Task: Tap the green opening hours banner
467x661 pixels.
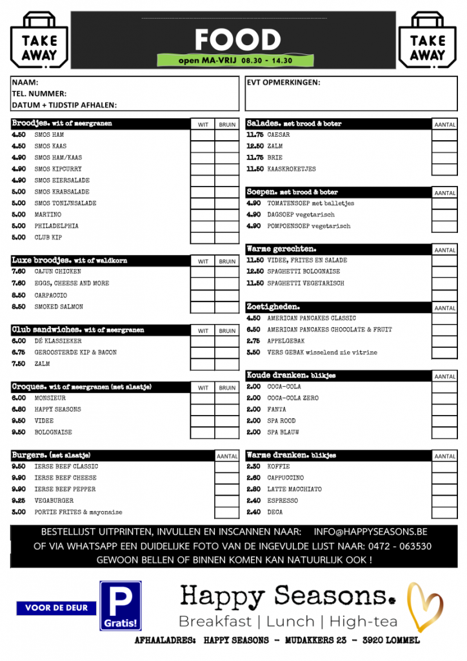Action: [235, 61]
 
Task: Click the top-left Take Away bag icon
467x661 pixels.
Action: [39, 40]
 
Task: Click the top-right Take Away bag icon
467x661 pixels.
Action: [428, 40]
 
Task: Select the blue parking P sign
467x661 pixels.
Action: [120, 605]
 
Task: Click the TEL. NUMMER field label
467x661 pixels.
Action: [39, 94]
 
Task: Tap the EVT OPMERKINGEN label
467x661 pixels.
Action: [283, 83]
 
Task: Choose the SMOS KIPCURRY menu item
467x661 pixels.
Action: [58, 169]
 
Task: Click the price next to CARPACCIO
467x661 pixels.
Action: [19, 295]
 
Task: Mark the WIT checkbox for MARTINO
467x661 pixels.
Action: [203, 215]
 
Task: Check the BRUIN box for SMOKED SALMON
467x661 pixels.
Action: [227, 307]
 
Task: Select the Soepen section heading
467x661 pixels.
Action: [264, 192]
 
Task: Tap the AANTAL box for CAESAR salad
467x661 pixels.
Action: [444, 136]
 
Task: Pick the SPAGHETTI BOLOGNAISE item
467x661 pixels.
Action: [304, 272]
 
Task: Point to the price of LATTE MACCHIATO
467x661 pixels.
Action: [253, 489]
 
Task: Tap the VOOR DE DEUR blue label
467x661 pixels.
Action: [56, 607]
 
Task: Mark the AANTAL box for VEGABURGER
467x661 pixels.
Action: [227, 501]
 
